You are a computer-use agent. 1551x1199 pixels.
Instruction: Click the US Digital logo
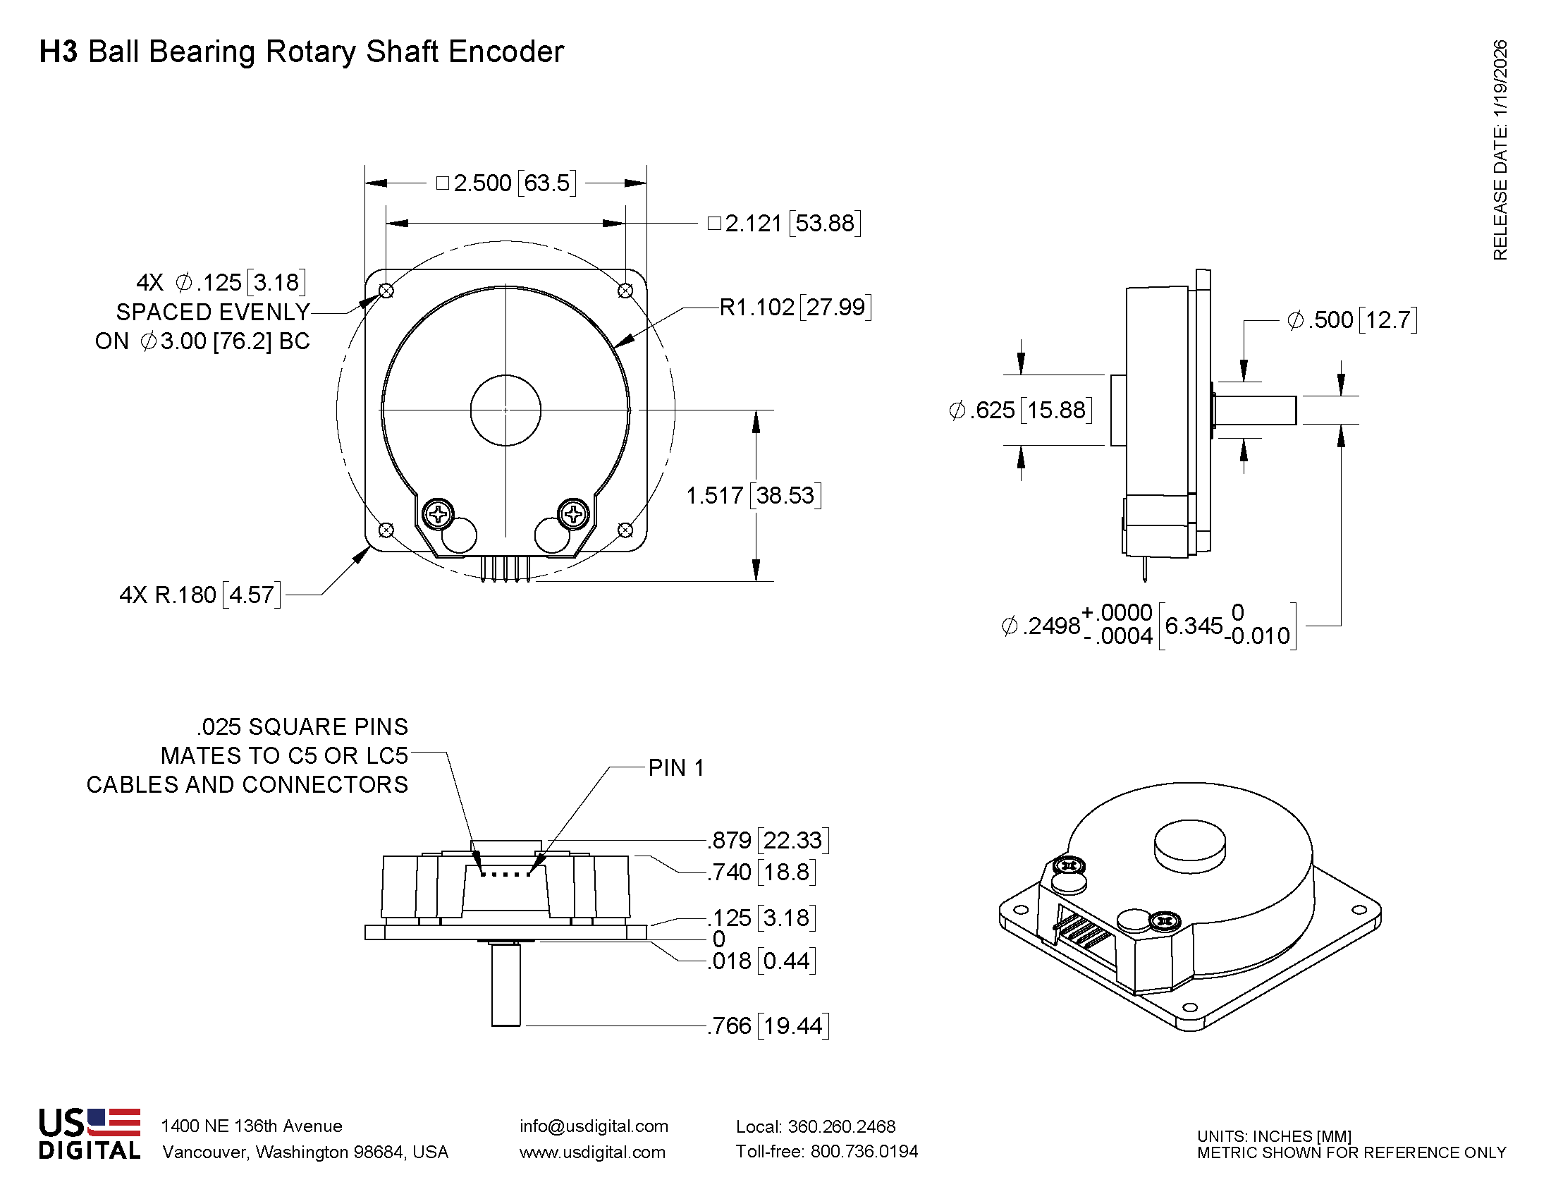[x=90, y=1133]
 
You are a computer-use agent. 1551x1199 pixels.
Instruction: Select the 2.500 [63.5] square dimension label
[x=505, y=183]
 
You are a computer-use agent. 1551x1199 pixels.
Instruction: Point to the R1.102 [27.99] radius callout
[x=795, y=308]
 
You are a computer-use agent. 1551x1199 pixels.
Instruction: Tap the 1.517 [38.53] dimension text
[x=754, y=495]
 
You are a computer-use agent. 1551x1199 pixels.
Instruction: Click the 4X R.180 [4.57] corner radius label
[x=200, y=595]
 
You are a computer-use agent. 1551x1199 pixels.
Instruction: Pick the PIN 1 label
[x=676, y=768]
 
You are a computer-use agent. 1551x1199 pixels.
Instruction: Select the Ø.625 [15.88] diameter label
[x=1020, y=410]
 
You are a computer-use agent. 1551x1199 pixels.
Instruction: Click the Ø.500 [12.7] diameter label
[x=1352, y=319]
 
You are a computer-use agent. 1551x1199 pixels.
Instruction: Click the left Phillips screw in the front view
[x=439, y=513]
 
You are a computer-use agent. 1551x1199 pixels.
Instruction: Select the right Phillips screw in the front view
[x=574, y=513]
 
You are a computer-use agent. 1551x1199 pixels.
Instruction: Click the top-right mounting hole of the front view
[x=625, y=291]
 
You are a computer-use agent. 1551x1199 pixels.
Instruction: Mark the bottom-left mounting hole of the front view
[x=386, y=530]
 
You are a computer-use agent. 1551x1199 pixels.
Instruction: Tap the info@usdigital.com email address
[x=594, y=1126]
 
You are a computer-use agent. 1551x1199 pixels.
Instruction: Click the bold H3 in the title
[x=59, y=52]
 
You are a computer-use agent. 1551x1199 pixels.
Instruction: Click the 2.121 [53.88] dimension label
[x=784, y=224]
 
